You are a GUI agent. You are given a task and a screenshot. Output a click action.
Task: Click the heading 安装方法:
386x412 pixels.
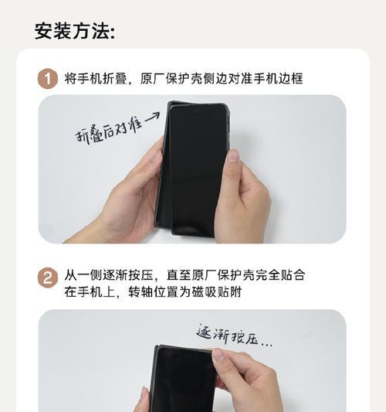tap(75, 31)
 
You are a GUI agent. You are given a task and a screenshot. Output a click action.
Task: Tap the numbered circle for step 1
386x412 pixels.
tap(48, 78)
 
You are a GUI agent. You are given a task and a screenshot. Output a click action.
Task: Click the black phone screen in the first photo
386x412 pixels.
tap(198, 166)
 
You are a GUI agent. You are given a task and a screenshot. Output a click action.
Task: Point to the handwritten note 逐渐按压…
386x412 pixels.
tap(235, 334)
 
